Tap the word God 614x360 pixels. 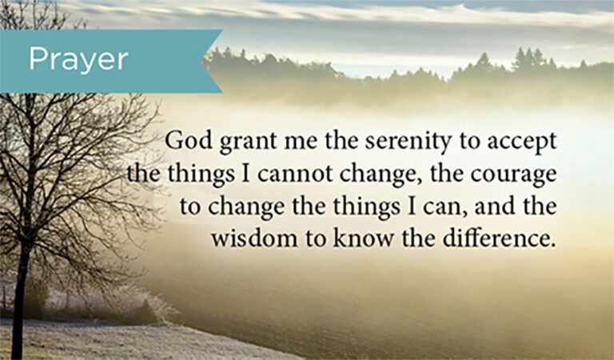click(189, 140)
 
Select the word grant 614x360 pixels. click(248, 142)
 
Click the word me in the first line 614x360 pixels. click(301, 143)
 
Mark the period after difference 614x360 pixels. click(552, 245)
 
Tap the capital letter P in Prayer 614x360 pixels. click(38, 59)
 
